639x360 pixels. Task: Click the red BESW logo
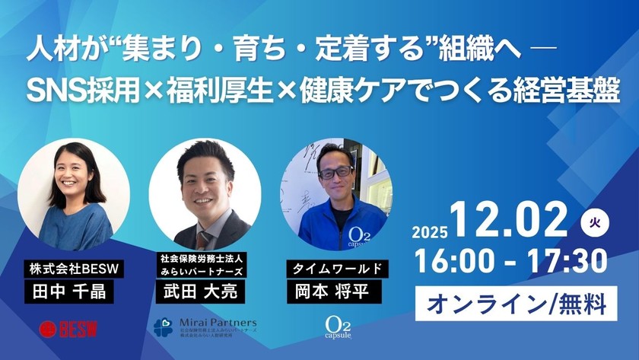[68, 328]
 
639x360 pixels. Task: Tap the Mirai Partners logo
[205, 328]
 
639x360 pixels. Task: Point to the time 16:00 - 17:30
[511, 262]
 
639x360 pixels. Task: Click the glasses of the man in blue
[335, 172]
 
